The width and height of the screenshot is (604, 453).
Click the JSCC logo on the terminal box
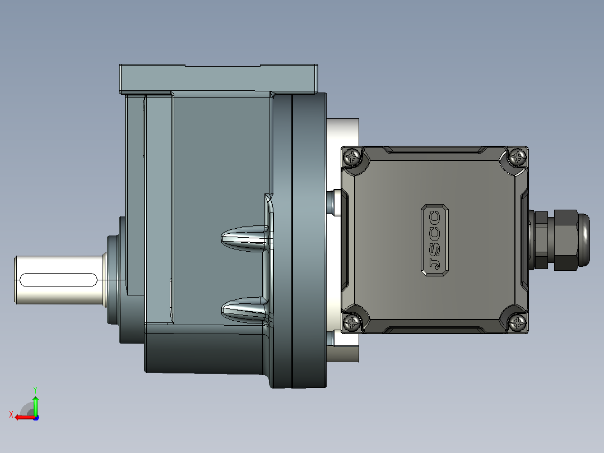435,240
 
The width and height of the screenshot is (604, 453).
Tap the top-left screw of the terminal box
352,158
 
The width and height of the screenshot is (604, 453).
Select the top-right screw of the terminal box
517,157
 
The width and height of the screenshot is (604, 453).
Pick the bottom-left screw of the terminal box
352,322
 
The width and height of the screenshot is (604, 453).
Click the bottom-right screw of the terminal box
517,322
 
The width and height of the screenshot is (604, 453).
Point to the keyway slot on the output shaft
58,280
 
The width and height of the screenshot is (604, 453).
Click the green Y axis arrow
35,405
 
